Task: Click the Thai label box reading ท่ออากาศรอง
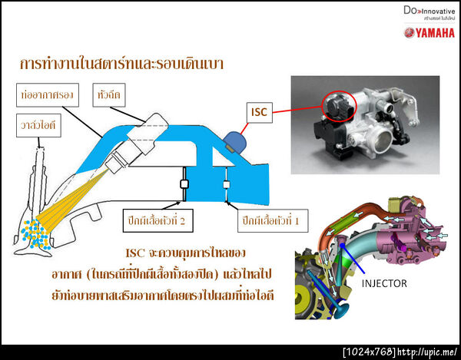47,97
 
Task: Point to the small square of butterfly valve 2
184,184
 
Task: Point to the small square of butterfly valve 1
226,184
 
